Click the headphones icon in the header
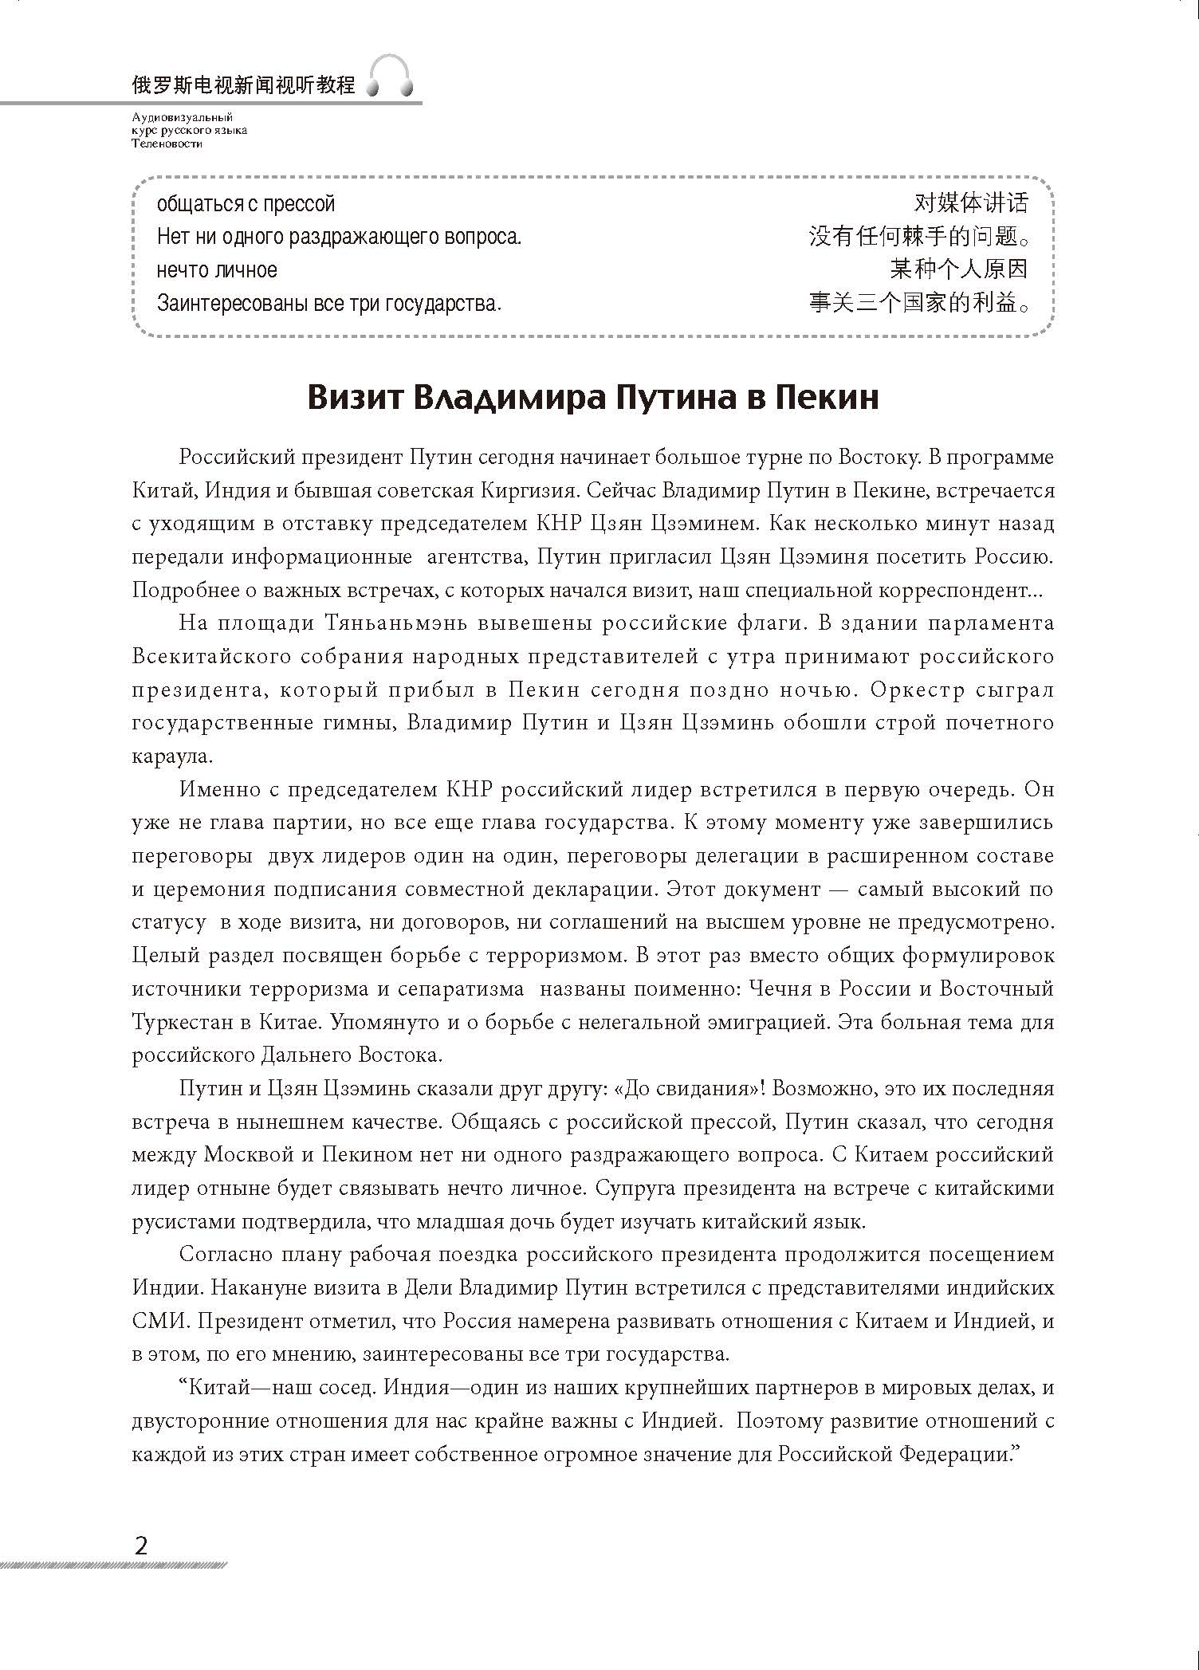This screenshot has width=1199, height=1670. coord(390,78)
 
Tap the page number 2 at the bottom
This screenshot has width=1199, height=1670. coord(141,1546)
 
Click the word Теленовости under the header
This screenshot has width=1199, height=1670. coord(167,144)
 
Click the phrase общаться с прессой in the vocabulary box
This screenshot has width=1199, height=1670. coord(246,204)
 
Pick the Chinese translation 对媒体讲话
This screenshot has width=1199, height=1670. coord(970,203)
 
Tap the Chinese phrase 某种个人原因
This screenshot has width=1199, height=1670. coord(958,269)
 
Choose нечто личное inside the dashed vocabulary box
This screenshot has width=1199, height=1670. coord(217,270)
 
